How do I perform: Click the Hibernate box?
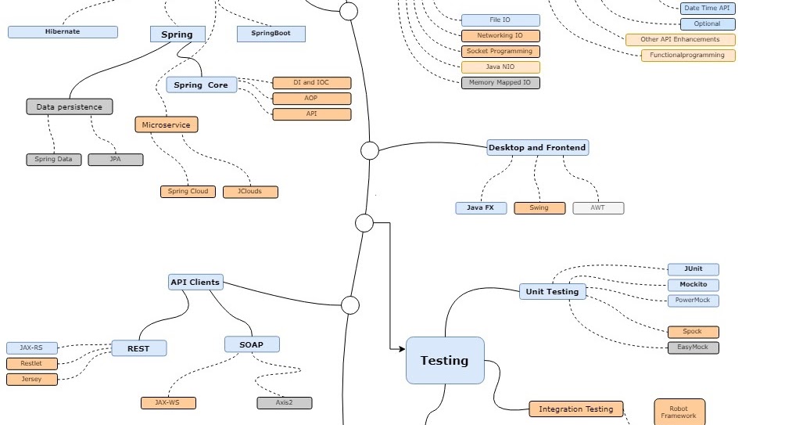pyautogui.click(x=63, y=32)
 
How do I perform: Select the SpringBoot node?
pyautogui.click(x=271, y=34)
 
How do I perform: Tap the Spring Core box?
pyautogui.click(x=201, y=85)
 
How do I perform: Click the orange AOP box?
pyautogui.click(x=311, y=99)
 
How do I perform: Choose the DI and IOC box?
pyautogui.click(x=311, y=83)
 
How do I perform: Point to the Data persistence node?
pyautogui.click(x=69, y=106)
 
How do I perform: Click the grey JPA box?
pyautogui.click(x=115, y=160)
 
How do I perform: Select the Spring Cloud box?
pyautogui.click(x=188, y=192)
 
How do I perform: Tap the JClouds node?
pyautogui.click(x=249, y=192)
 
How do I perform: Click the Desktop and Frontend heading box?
pyautogui.click(x=536, y=147)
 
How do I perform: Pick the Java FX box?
pyautogui.click(x=481, y=208)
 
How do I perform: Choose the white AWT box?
pyautogui.click(x=598, y=208)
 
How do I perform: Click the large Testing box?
pyautogui.click(x=445, y=361)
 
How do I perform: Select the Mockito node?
pyautogui.click(x=693, y=285)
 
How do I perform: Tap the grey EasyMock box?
pyautogui.click(x=693, y=348)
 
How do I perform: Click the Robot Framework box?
pyautogui.click(x=679, y=412)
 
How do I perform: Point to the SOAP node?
pyautogui.click(x=252, y=344)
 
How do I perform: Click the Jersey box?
pyautogui.click(x=32, y=380)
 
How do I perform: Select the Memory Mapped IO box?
pyautogui.click(x=500, y=83)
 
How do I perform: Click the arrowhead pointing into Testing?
pyautogui.click(x=401, y=348)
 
